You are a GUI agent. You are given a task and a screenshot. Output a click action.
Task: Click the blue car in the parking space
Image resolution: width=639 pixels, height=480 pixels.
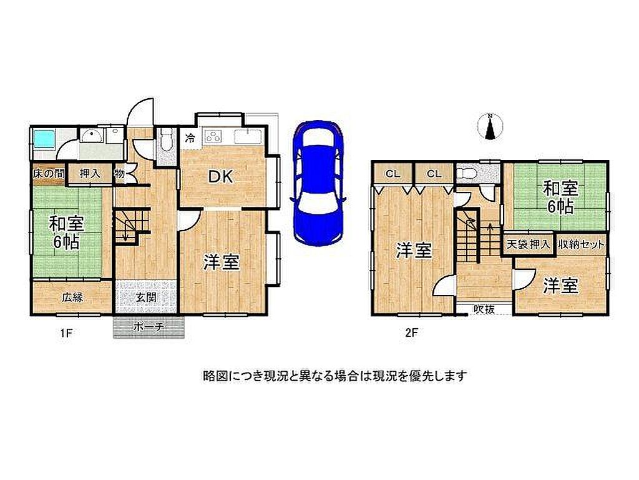click(x=318, y=183)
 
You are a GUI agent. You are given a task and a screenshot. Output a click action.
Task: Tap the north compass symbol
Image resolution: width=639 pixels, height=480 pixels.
click(x=490, y=126)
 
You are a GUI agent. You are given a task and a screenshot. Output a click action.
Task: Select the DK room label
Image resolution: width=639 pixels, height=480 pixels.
click(x=220, y=177)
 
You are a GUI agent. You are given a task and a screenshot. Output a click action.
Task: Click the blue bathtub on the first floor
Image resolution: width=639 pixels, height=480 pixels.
click(x=44, y=140)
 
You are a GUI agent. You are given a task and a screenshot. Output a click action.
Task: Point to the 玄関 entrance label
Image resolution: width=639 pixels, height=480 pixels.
click(x=146, y=297)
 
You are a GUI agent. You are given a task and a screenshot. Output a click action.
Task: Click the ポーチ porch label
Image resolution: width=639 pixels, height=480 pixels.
click(x=149, y=326)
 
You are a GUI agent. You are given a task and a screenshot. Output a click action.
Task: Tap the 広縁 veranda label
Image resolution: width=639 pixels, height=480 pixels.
click(x=73, y=297)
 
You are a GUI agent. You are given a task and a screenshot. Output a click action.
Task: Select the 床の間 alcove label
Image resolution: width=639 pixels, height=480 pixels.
click(x=48, y=174)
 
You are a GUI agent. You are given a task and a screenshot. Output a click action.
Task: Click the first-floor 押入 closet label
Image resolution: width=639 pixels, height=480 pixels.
click(x=90, y=174)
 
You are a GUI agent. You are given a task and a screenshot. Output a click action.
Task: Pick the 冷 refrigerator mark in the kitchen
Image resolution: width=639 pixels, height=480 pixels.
click(x=190, y=138)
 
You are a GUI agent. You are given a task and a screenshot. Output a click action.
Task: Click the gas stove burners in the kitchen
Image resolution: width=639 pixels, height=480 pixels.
click(x=214, y=136)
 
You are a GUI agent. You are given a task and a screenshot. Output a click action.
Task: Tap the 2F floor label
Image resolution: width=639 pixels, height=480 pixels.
click(x=412, y=332)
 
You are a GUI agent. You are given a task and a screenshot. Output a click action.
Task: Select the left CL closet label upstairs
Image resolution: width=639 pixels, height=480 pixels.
click(x=393, y=174)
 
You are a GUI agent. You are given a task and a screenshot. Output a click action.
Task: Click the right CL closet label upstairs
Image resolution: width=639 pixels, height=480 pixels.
click(x=434, y=174)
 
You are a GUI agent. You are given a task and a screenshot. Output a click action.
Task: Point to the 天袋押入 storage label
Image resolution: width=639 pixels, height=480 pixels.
click(x=528, y=245)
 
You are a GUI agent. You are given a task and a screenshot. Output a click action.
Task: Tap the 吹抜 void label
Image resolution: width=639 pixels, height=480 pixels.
click(x=484, y=309)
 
